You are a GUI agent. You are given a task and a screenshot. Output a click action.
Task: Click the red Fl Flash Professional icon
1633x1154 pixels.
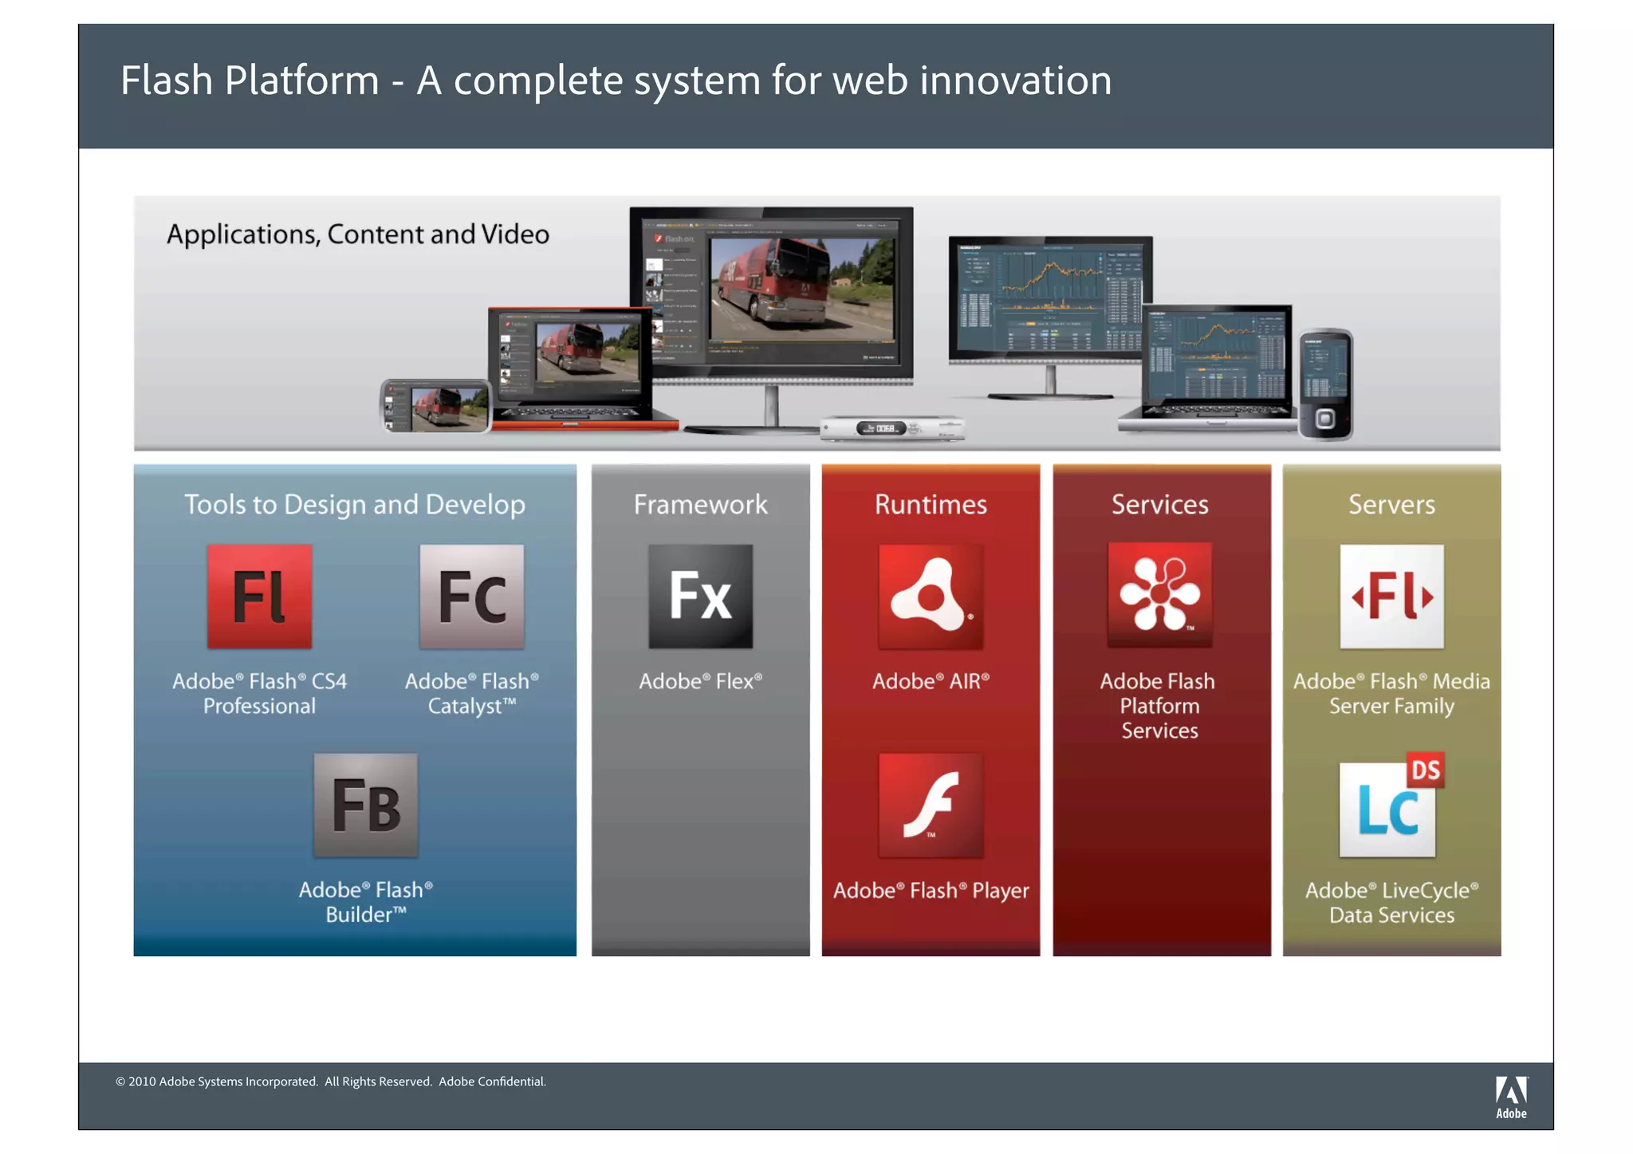[x=259, y=597]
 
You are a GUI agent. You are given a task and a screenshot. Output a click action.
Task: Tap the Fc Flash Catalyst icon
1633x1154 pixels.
[x=471, y=597]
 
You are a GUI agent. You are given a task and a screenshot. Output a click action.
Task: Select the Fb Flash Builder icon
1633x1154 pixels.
[x=365, y=805]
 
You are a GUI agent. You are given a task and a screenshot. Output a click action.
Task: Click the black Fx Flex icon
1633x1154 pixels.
[x=700, y=597]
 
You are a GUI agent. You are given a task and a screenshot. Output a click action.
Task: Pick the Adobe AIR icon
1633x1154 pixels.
[x=931, y=597]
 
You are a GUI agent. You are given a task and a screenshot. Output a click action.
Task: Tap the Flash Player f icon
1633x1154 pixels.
[x=931, y=805]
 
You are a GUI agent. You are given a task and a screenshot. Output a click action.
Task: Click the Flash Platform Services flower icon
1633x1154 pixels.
[x=1160, y=595]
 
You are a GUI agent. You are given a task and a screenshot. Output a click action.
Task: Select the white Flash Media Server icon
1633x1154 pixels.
[x=1391, y=597]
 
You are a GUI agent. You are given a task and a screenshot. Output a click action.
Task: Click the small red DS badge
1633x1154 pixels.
[x=1425, y=770]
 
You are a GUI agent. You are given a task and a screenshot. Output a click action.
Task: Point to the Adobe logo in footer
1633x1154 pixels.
[x=1510, y=1097]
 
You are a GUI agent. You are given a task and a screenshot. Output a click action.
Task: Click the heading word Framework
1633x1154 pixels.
[x=700, y=505]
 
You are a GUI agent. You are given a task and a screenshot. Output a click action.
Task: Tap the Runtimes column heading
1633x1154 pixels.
[x=931, y=505]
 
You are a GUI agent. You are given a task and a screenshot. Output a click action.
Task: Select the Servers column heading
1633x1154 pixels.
[x=1391, y=505]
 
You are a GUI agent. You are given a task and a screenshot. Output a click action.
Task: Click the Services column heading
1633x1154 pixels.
[x=1160, y=505]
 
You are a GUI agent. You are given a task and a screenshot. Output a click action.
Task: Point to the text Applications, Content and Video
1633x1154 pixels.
[x=357, y=234]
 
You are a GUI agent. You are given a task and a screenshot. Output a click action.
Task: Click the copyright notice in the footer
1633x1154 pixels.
[x=331, y=1081]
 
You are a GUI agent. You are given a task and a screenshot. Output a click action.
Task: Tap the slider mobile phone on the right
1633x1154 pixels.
[x=1324, y=384]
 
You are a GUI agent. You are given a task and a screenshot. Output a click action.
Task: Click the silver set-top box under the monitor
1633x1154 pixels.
[x=892, y=428]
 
